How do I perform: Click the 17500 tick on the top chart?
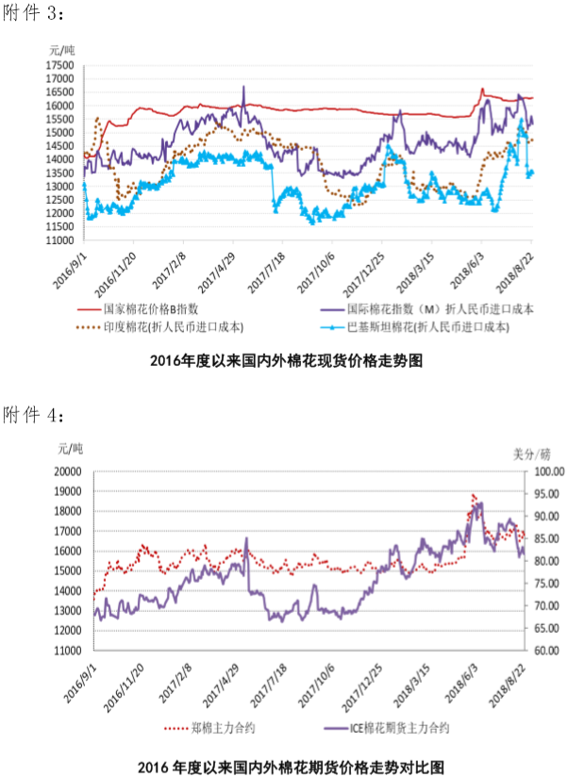(x=59, y=65)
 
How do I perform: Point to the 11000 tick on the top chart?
(x=59, y=240)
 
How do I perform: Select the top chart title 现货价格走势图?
(x=283, y=359)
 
